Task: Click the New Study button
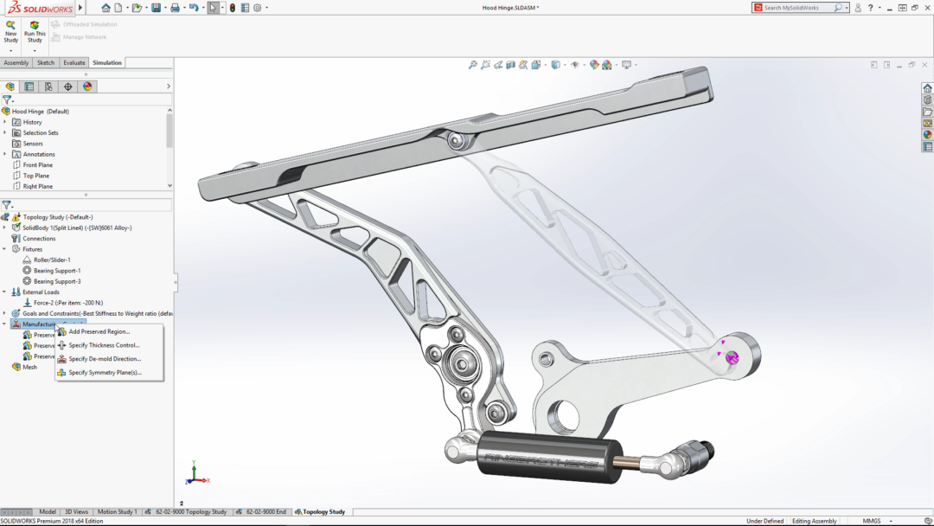point(10,32)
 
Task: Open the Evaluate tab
point(74,62)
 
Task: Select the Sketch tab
point(46,62)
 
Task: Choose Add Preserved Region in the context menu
point(99,331)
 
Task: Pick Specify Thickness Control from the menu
point(104,345)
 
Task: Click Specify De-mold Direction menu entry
point(105,359)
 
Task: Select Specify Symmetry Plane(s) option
point(105,373)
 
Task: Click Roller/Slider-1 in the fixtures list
point(52,260)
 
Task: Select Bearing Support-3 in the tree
point(57,281)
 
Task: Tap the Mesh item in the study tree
point(29,367)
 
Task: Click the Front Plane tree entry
point(37,165)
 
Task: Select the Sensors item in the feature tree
point(33,144)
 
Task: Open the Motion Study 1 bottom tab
point(116,512)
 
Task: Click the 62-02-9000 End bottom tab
point(265,512)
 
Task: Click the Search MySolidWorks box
point(797,8)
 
